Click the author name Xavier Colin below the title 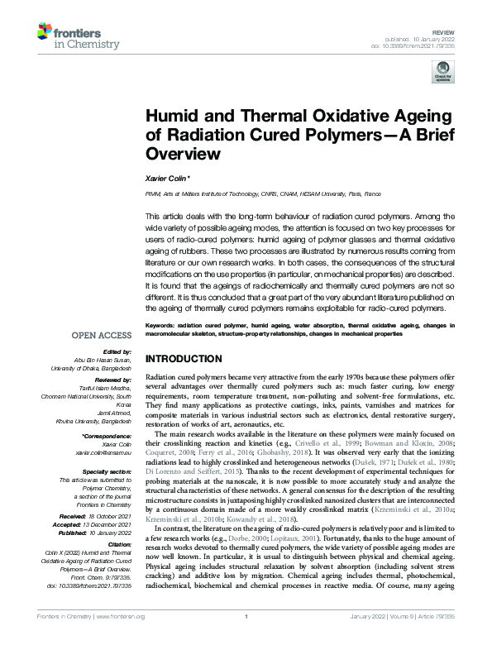pos(169,178)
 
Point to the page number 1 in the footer pos(246,639)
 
